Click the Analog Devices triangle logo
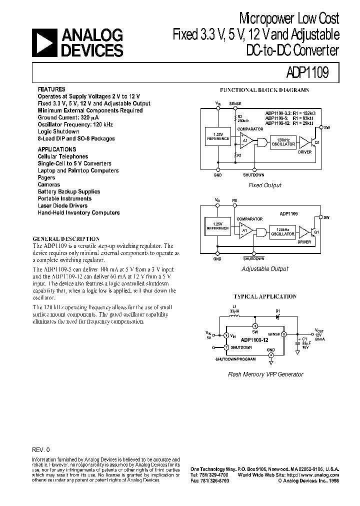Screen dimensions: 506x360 (x=44, y=42)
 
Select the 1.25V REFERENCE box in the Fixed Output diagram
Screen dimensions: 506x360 (x=217, y=137)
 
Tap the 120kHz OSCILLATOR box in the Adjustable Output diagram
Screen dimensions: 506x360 (x=283, y=232)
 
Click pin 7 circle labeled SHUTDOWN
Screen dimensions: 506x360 (x=226, y=346)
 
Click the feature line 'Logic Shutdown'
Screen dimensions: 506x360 (x=58, y=131)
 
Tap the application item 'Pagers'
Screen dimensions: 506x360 (x=46, y=177)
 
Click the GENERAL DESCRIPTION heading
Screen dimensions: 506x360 (x=66, y=239)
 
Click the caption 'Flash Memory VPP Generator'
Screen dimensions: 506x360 (x=265, y=374)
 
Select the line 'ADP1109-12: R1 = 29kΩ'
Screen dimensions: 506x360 (x=289, y=123)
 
